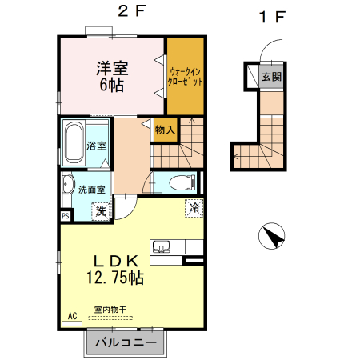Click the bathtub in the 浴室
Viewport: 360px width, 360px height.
point(76,142)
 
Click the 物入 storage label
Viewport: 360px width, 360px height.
point(165,130)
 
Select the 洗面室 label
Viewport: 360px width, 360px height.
point(90,190)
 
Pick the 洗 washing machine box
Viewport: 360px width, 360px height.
point(101,212)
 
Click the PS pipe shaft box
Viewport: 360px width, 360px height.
point(66,215)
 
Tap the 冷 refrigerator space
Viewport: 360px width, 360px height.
point(194,208)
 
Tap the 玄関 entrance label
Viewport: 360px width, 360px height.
point(271,77)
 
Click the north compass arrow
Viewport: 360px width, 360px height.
point(274,237)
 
